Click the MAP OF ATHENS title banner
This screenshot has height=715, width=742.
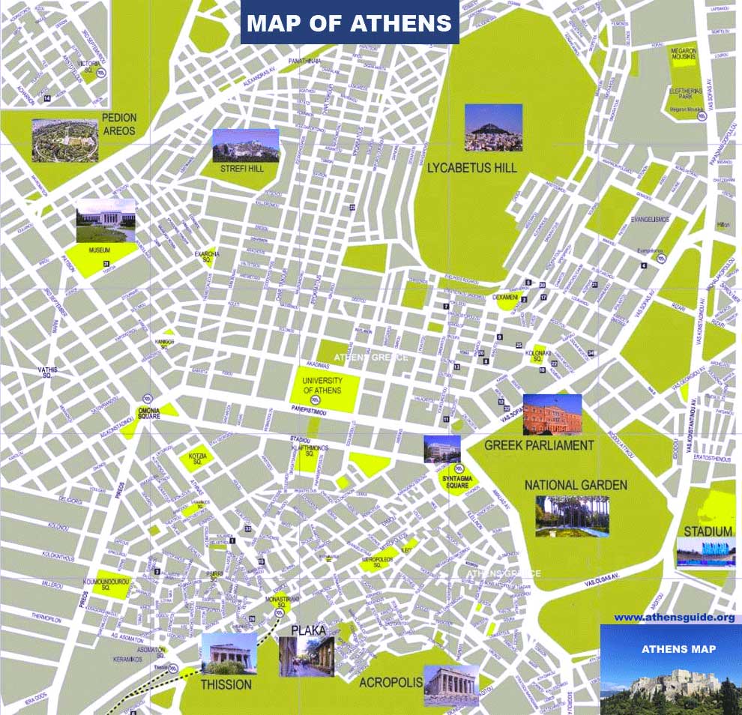pyautogui.click(x=349, y=23)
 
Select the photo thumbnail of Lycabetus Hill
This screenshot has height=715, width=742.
pyautogui.click(x=493, y=127)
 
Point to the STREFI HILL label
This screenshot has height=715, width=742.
pyautogui.click(x=241, y=169)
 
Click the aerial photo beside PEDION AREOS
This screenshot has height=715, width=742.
pyautogui.click(x=64, y=140)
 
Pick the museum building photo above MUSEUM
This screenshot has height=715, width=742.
pyautogui.click(x=106, y=220)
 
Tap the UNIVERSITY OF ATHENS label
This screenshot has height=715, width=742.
pyautogui.click(x=322, y=386)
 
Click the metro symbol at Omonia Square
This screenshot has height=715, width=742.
pyautogui.click(x=148, y=397)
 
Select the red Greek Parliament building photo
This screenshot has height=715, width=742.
pyautogui.click(x=552, y=414)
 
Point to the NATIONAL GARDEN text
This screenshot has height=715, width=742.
pyautogui.click(x=576, y=486)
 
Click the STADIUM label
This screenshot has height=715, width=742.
pyautogui.click(x=707, y=531)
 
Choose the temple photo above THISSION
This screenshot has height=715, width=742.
pyautogui.click(x=229, y=654)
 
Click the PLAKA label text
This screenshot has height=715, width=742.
pyautogui.click(x=308, y=630)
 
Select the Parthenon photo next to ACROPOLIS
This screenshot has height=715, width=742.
pyautogui.click(x=450, y=685)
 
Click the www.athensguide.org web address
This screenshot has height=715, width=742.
pyautogui.click(x=674, y=618)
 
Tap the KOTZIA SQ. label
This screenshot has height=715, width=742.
pyautogui.click(x=197, y=459)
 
